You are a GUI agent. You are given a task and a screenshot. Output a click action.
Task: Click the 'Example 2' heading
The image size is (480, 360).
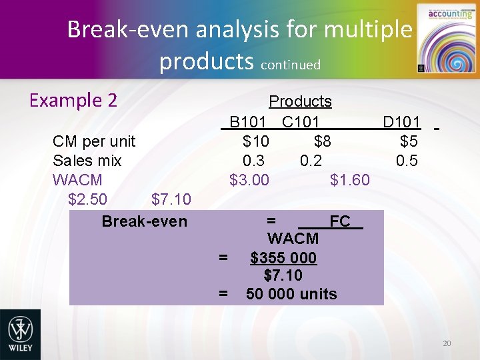pos(74,100)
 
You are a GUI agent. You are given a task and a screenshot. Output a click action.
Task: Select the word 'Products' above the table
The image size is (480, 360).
pos(300,101)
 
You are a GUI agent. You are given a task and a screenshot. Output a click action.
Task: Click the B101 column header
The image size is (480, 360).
pos(248,122)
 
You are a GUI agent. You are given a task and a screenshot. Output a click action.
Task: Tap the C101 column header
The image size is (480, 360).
pos(300,122)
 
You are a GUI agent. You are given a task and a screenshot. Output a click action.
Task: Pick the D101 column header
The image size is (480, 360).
pos(401,122)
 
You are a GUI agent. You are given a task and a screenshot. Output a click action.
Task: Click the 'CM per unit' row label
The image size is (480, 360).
pos(94,141)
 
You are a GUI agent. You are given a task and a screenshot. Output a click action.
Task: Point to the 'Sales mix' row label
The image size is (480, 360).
pos(87,161)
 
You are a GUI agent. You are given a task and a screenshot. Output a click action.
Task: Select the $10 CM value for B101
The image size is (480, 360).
pos(256,141)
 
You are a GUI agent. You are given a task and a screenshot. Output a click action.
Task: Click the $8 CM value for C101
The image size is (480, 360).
pos(323,141)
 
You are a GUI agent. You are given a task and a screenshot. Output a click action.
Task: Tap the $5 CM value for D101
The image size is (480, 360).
pos(409,141)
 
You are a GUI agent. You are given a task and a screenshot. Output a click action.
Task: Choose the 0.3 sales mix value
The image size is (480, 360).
pos(253,161)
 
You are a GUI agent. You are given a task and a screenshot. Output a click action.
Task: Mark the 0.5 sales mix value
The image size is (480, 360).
pos(407,161)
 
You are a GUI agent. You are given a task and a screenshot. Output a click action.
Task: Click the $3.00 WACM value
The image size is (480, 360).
pos(249,180)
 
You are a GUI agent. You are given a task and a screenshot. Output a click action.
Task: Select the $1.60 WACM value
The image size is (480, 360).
pos(350,180)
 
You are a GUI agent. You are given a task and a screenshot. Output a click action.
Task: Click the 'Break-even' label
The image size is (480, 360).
pos(145,221)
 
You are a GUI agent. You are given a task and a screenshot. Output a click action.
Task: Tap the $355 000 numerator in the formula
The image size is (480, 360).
pos(283,258)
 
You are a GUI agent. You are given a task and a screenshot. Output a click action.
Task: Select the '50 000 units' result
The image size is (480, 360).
pos(291,294)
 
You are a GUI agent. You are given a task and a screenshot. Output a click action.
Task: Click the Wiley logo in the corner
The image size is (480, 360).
pos(20,334)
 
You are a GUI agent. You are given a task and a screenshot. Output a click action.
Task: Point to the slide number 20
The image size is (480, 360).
pos(447,343)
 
